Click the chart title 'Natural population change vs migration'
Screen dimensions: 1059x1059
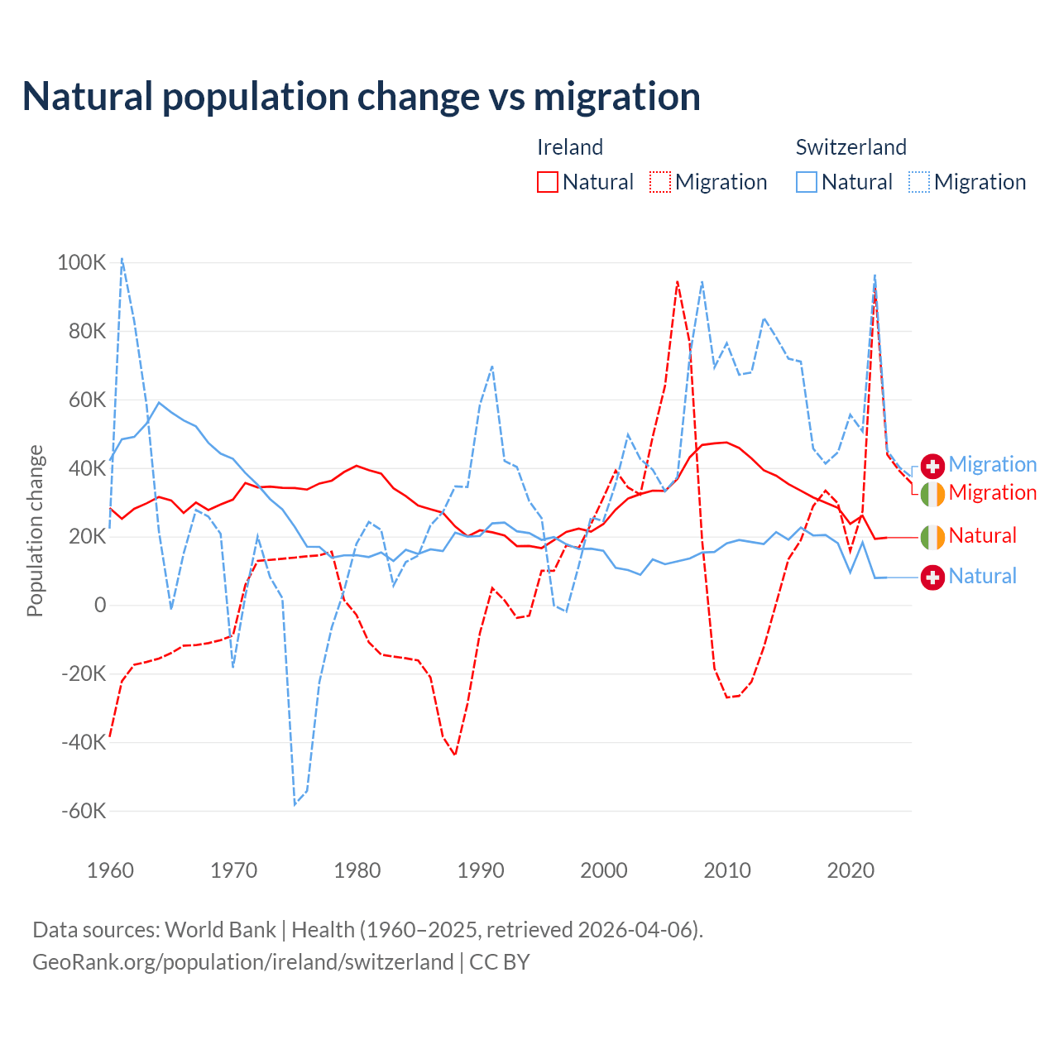362,96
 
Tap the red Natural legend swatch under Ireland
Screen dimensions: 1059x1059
548,182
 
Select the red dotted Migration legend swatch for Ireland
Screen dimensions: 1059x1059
660,182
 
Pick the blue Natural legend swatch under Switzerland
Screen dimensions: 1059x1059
807,182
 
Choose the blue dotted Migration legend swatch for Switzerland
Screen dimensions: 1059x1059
919,182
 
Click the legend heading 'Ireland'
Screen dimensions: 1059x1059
570,147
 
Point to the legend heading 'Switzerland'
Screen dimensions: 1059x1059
851,147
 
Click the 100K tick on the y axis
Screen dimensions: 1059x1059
82,263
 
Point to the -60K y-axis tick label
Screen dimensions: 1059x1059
84,811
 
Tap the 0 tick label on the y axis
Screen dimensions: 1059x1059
100,605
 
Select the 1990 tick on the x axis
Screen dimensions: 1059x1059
481,870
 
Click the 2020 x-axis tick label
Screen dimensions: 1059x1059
851,870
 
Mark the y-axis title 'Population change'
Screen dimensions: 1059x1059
35,530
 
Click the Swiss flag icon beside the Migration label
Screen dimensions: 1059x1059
932,466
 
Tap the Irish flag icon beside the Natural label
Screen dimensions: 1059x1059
932,537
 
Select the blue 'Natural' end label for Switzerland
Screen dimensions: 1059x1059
982,577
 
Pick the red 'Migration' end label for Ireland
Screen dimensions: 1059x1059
992,493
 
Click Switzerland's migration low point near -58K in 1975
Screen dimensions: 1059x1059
295,804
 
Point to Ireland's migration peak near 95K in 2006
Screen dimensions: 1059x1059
678,282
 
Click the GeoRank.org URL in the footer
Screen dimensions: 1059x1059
243,962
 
